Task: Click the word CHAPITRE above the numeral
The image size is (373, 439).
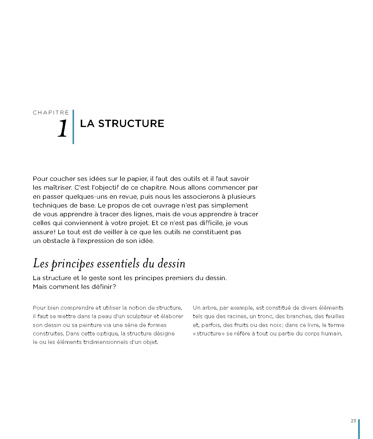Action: pyautogui.click(x=51, y=113)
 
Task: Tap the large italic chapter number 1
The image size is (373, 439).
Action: pyautogui.click(x=62, y=129)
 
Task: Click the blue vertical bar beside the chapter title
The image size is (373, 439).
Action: pyautogui.click(x=73, y=127)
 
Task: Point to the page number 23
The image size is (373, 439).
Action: pyautogui.click(x=353, y=421)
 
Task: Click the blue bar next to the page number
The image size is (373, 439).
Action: pyautogui.click(x=359, y=429)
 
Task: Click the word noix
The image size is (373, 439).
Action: pyautogui.click(x=275, y=325)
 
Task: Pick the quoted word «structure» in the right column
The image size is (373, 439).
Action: pyautogui.click(x=209, y=333)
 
